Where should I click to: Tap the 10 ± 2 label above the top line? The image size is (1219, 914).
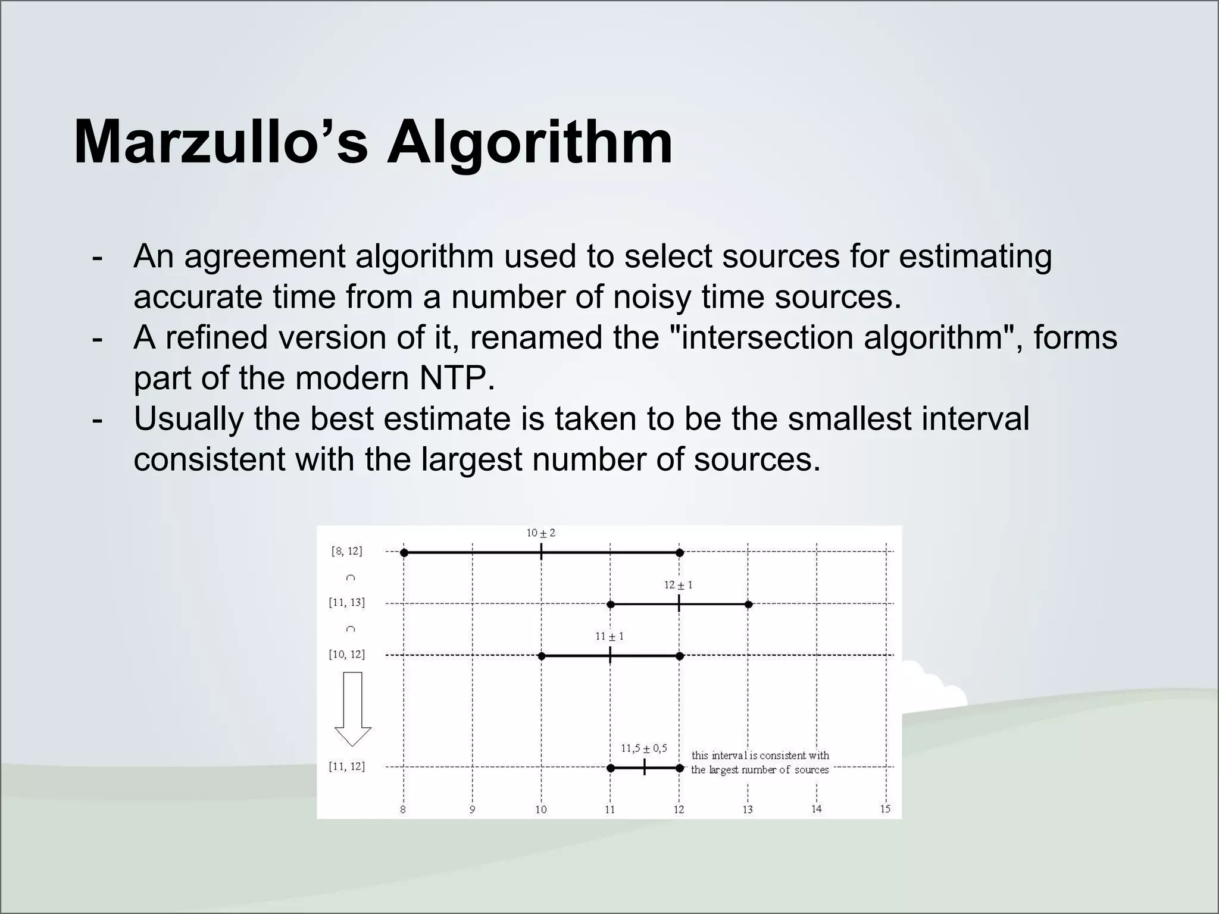[x=540, y=533]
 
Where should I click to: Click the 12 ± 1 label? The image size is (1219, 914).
[x=678, y=585]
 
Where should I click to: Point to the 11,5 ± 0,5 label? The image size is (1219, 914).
[x=643, y=749]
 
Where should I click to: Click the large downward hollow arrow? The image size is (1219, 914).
[x=353, y=709]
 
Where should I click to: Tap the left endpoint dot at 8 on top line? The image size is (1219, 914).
[x=404, y=553]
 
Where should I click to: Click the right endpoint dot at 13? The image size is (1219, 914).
[x=749, y=605]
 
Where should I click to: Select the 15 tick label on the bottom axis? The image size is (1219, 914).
[x=885, y=809]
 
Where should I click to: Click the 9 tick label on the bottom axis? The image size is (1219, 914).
[x=472, y=809]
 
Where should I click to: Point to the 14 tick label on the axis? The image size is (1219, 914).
[x=816, y=809]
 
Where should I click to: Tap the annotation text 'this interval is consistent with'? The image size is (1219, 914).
[x=760, y=756]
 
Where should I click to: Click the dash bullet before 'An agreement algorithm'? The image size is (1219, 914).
[x=97, y=258]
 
